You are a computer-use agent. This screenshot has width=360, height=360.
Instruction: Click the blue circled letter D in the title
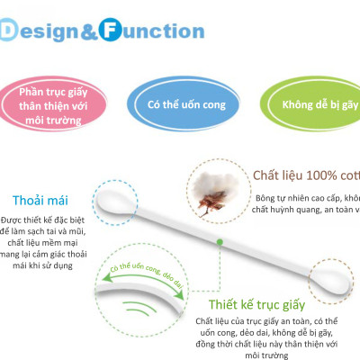(x=10, y=31)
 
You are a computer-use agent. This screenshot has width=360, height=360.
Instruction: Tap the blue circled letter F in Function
(x=114, y=31)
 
